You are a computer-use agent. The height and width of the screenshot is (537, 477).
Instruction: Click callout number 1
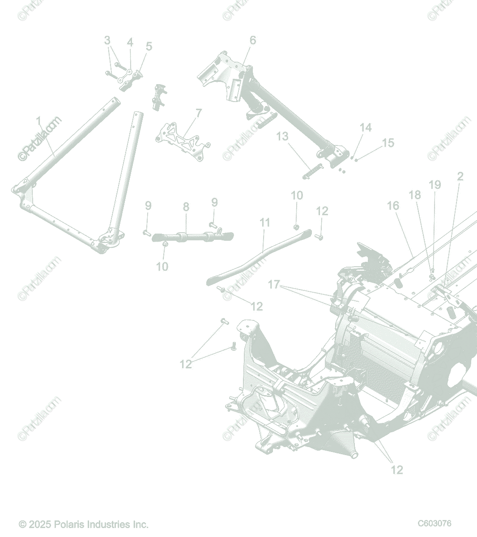click(x=38, y=121)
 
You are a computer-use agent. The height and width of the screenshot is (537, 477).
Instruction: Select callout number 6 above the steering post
click(x=253, y=40)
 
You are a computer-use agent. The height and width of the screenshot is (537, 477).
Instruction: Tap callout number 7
click(x=198, y=113)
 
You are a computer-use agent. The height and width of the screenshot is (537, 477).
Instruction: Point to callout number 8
click(x=186, y=207)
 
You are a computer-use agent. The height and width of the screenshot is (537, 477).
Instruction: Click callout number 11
click(x=265, y=222)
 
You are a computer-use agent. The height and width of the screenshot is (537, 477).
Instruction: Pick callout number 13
click(x=282, y=136)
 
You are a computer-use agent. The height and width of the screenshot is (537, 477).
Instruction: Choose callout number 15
click(x=388, y=143)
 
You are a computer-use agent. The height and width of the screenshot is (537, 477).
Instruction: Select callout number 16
click(x=393, y=205)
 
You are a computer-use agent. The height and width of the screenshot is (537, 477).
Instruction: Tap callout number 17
click(x=274, y=285)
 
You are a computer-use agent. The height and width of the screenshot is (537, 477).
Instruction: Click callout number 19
click(x=434, y=185)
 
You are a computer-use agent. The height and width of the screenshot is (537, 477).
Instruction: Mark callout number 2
click(x=460, y=176)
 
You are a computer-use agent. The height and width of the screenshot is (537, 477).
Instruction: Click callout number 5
click(x=149, y=46)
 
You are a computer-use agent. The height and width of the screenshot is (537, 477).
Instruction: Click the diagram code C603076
click(x=434, y=524)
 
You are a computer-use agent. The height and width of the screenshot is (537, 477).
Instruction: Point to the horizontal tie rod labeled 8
click(x=192, y=236)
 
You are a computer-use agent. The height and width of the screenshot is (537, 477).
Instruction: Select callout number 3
click(x=107, y=40)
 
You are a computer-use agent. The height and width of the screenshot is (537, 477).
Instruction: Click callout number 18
click(x=415, y=195)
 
